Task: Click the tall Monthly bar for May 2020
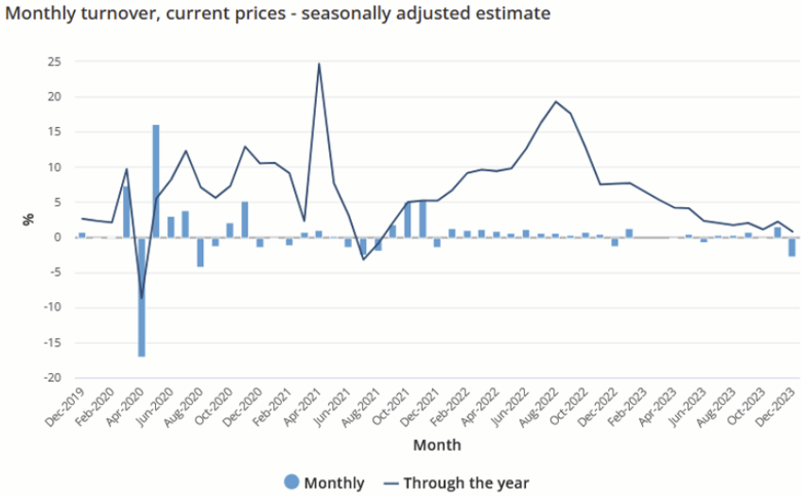156,181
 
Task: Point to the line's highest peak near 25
319,64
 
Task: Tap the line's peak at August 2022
556,101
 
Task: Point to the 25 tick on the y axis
54,62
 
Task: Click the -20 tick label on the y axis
52,378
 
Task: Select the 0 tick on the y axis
58,237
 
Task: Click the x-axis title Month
437,444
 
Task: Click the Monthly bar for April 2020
126,211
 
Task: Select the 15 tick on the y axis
54,132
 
